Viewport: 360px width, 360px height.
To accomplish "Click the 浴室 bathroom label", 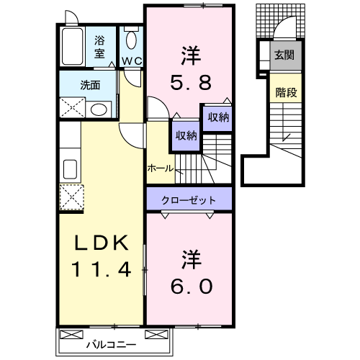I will click(x=99, y=47).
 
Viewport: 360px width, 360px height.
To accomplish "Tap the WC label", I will click(x=131, y=60).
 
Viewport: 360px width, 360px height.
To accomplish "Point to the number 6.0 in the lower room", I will click(x=190, y=286).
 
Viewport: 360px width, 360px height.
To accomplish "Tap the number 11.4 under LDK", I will click(x=101, y=271).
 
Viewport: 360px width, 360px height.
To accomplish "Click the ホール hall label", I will click(x=159, y=168).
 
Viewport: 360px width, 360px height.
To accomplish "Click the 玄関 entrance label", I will click(x=284, y=55).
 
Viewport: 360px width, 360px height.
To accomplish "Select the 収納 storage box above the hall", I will click(x=184, y=135).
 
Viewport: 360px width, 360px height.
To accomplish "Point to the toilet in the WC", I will click(x=132, y=40).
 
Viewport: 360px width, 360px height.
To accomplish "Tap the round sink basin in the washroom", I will click(x=100, y=109).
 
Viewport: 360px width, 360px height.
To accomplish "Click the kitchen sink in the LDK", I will click(x=71, y=169).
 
